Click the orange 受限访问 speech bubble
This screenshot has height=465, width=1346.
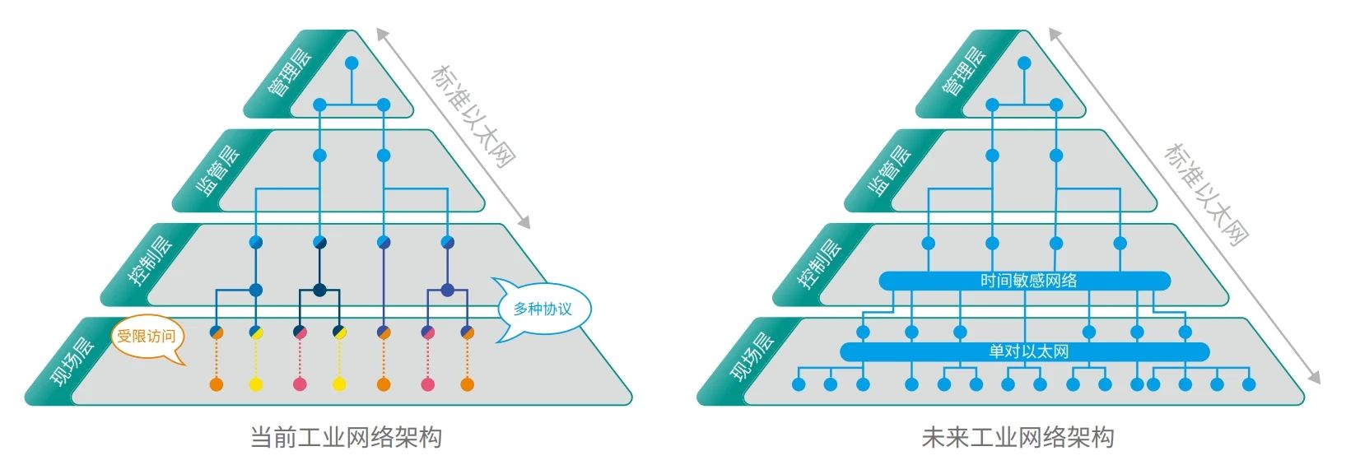[x=147, y=337]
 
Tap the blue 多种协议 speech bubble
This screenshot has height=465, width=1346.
[x=542, y=309]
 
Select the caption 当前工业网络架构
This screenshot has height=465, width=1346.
[x=346, y=437]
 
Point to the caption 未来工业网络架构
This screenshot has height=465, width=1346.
[x=1018, y=437]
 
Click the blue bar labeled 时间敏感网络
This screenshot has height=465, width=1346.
[x=1025, y=281]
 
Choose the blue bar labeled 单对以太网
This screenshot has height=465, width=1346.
[x=1025, y=352]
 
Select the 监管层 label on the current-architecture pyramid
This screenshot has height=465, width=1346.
[x=217, y=170]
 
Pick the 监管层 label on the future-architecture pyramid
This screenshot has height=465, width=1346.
[x=890, y=170]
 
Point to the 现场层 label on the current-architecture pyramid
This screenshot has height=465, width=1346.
[x=72, y=359]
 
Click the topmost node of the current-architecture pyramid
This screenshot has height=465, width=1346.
[x=352, y=63]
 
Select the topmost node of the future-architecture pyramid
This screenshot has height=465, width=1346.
[x=1024, y=63]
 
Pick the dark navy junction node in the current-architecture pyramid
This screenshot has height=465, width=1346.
[x=319, y=290]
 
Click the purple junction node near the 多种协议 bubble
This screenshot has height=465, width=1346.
[x=447, y=290]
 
